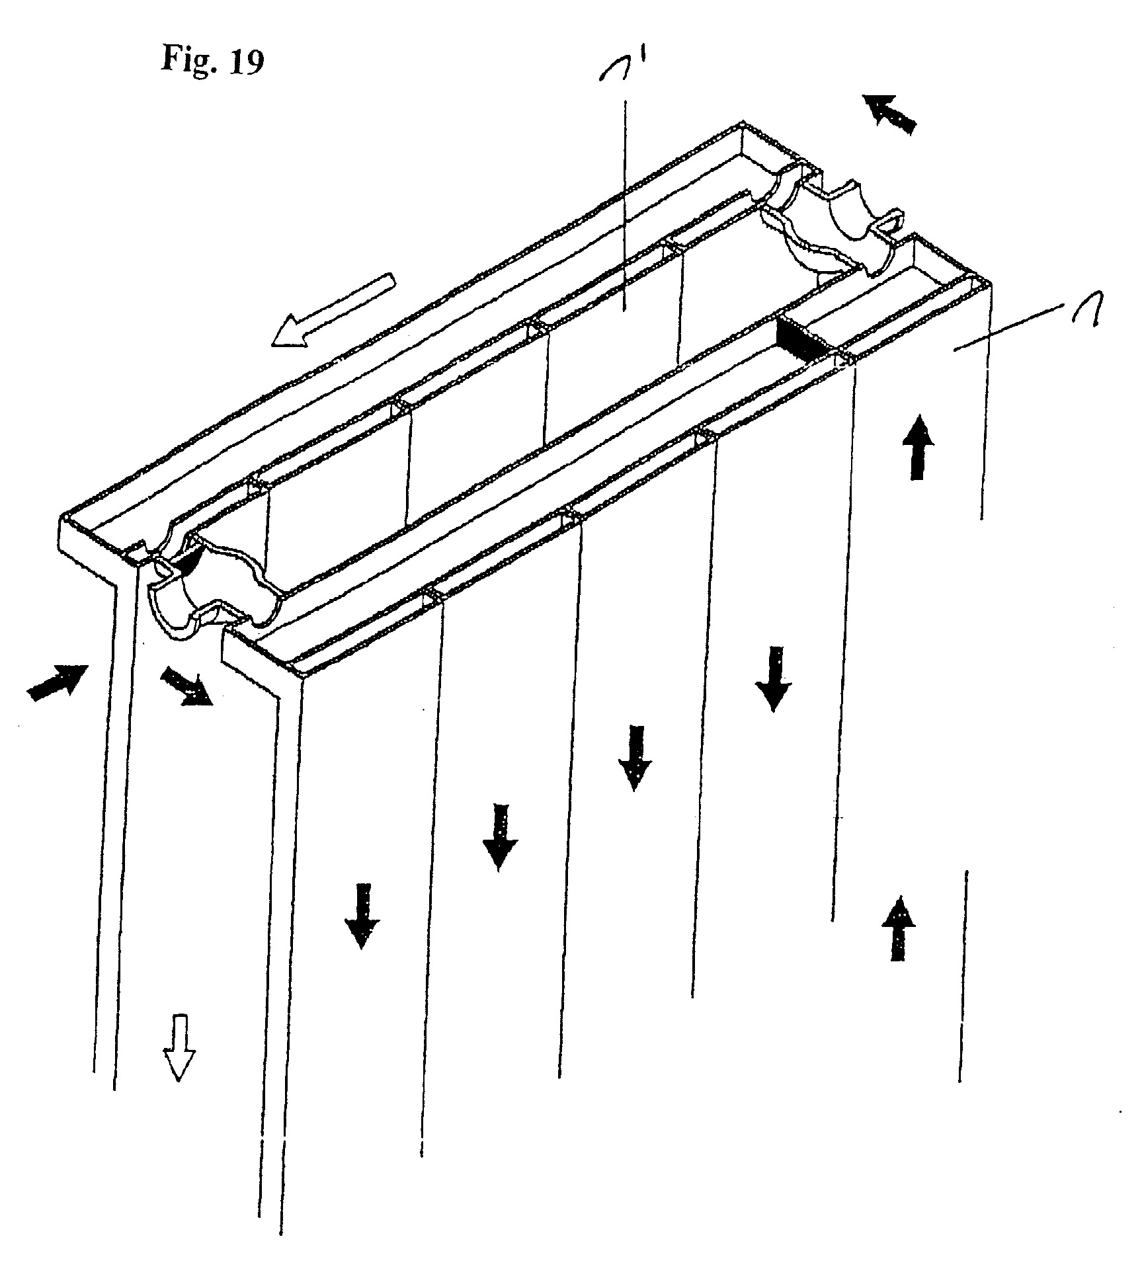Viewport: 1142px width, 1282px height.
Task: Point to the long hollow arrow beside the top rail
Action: [x=334, y=311]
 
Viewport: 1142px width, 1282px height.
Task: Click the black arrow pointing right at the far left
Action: [x=58, y=682]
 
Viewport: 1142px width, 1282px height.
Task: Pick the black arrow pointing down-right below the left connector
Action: [x=187, y=686]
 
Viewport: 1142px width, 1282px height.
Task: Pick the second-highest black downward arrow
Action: [x=635, y=758]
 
